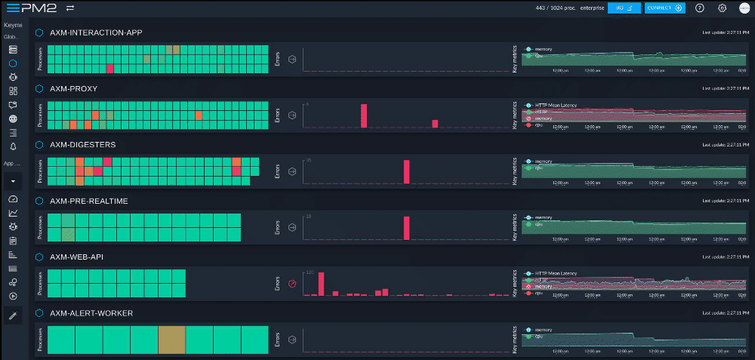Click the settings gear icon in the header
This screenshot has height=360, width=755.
[722, 8]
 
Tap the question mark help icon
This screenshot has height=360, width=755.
[700, 8]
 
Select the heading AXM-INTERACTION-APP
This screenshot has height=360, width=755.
[96, 33]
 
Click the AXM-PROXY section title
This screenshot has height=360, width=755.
[73, 88]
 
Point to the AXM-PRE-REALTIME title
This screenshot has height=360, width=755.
[88, 201]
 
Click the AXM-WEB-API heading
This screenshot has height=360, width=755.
[76, 257]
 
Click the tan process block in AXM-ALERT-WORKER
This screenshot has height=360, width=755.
[171, 340]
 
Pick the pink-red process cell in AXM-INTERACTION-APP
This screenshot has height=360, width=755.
[110, 69]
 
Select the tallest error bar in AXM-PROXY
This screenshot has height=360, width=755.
[364, 116]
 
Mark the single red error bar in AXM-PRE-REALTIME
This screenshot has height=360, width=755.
[406, 228]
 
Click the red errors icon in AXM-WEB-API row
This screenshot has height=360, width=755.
[292, 284]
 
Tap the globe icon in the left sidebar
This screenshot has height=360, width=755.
[13, 118]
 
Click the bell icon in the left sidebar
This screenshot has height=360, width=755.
[13, 146]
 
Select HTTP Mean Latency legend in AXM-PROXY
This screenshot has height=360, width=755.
[554, 105]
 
